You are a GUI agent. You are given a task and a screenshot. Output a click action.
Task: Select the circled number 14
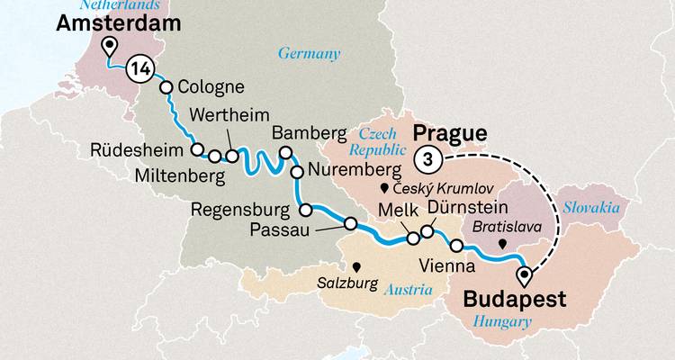[139, 67]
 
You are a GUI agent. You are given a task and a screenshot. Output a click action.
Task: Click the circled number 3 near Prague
[428, 159]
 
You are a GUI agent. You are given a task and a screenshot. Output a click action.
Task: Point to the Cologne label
[211, 88]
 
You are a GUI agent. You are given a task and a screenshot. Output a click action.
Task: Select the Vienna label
[446, 266]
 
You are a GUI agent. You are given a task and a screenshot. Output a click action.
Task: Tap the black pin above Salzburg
[357, 266]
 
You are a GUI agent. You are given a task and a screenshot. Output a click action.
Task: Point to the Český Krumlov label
[434, 189]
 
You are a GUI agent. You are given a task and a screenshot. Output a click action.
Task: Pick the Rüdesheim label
[138, 149]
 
